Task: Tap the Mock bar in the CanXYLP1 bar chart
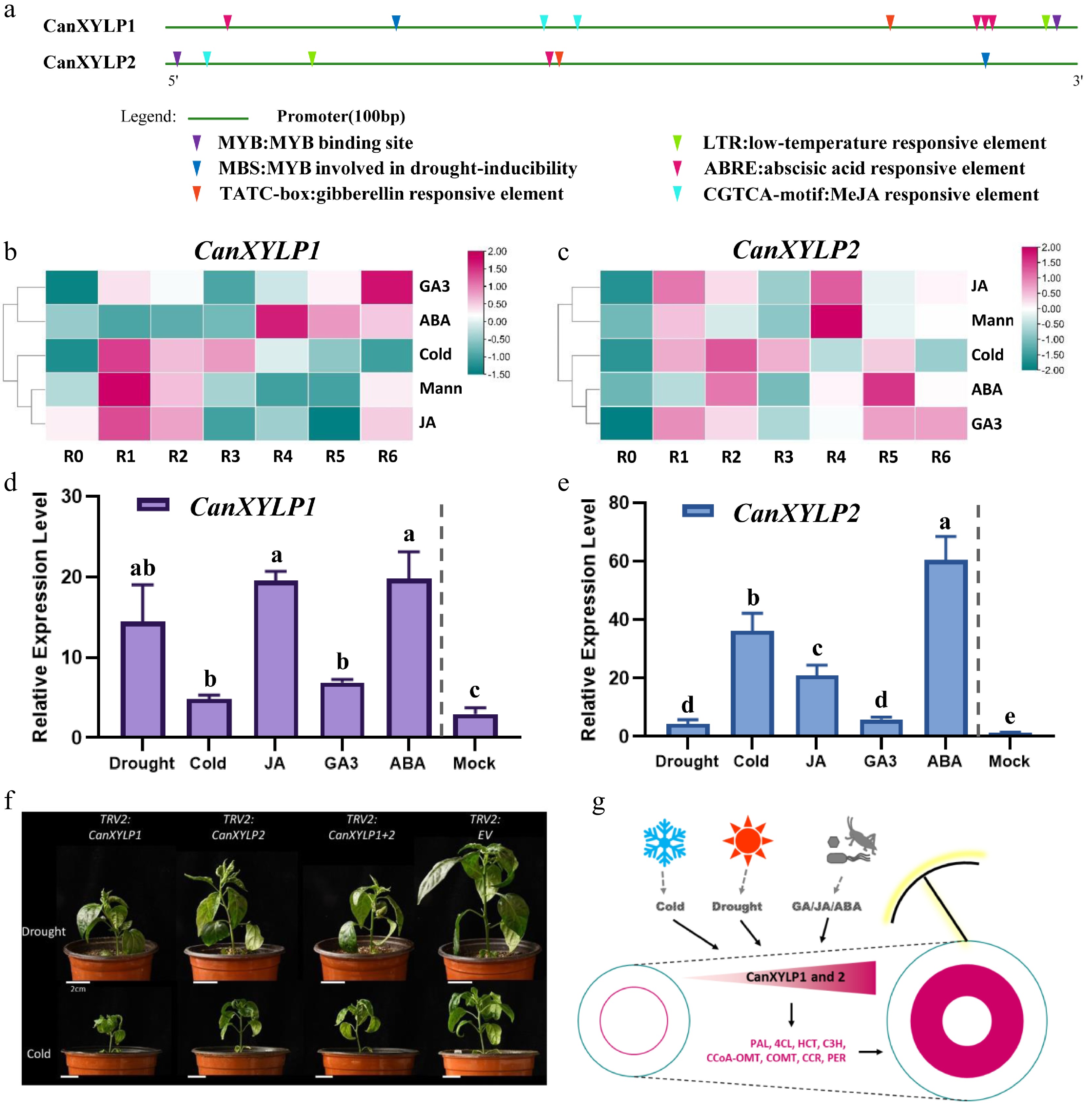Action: (475, 725)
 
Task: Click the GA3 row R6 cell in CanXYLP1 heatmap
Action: (387, 287)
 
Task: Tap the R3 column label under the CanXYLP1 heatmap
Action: (230, 457)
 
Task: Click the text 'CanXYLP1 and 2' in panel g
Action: (795, 977)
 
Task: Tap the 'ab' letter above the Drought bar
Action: (142, 569)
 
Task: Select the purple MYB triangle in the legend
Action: (197, 142)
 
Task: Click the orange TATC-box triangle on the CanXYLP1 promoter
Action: (890, 22)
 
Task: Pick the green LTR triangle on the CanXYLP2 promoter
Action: (312, 57)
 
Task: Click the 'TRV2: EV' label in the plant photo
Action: (485, 827)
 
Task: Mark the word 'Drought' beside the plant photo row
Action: (44, 931)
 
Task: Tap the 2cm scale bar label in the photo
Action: (78, 989)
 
